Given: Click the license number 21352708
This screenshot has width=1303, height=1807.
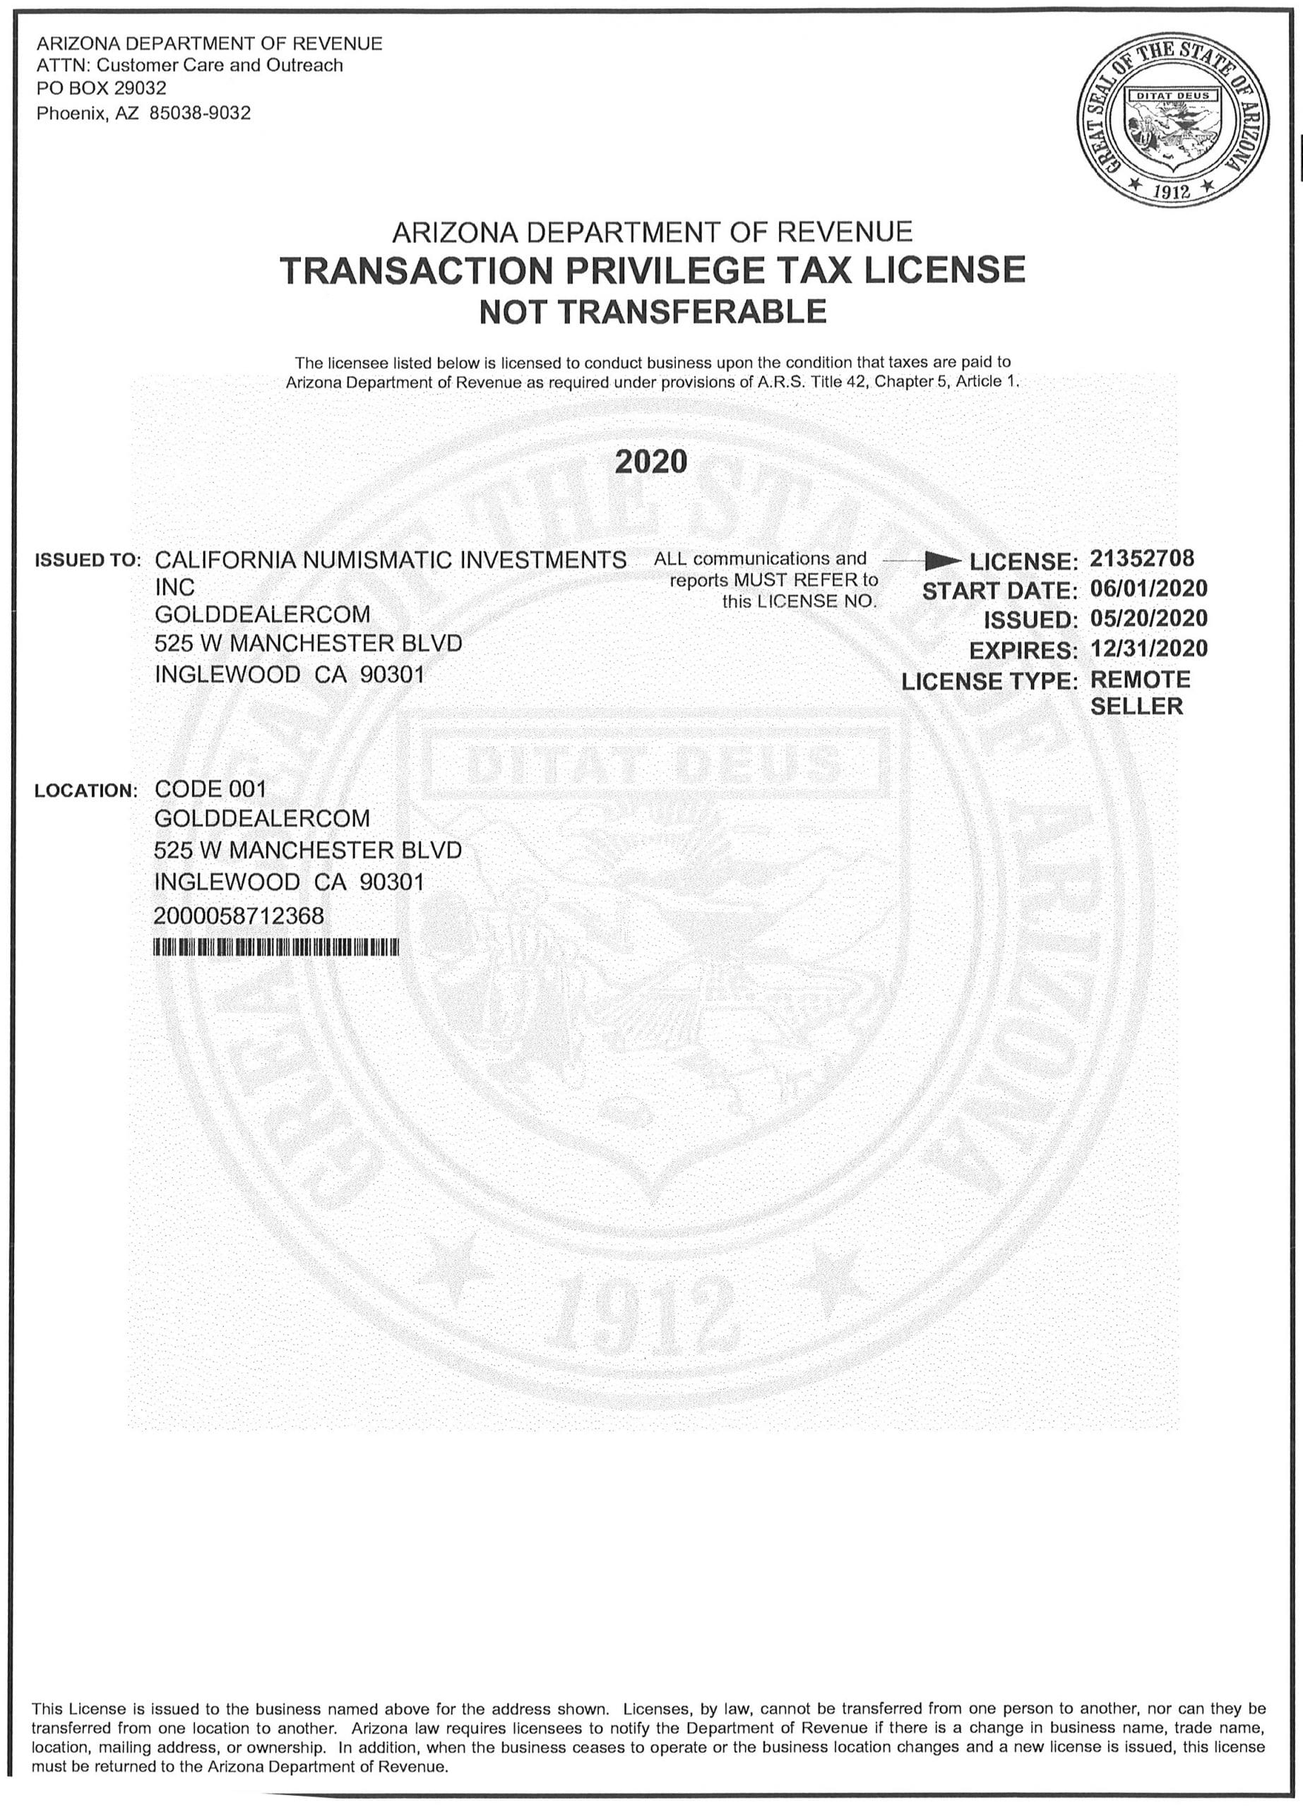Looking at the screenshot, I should pyautogui.click(x=1141, y=558).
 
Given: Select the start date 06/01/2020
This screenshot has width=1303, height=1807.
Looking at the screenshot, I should pyautogui.click(x=1148, y=589).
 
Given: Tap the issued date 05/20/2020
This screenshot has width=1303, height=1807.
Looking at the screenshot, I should pyautogui.click(x=1148, y=618).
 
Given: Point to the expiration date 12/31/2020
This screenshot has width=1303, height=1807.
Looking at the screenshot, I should pyautogui.click(x=1148, y=649).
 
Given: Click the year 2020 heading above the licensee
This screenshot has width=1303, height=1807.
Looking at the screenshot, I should pyautogui.click(x=651, y=462).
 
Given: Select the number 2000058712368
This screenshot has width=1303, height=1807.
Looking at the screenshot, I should pyautogui.click(x=239, y=916).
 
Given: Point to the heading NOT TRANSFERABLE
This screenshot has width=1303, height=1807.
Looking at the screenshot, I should pyautogui.click(x=652, y=311).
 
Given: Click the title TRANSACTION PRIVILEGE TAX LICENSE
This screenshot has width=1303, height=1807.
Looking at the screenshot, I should pyautogui.click(x=652, y=270).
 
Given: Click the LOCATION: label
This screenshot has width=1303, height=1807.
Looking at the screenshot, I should pyautogui.click(x=86, y=791).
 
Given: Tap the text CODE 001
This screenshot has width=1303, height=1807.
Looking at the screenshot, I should pyautogui.click(x=210, y=788).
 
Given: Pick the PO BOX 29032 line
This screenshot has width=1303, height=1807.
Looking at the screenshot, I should pyautogui.click(x=102, y=88).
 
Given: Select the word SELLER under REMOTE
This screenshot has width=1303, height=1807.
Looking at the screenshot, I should pyautogui.click(x=1136, y=707).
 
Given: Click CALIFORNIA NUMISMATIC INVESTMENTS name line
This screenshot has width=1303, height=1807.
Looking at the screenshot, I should pyautogui.click(x=390, y=560).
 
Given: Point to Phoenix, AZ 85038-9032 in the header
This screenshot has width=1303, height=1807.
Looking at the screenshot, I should pyautogui.click(x=143, y=113).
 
